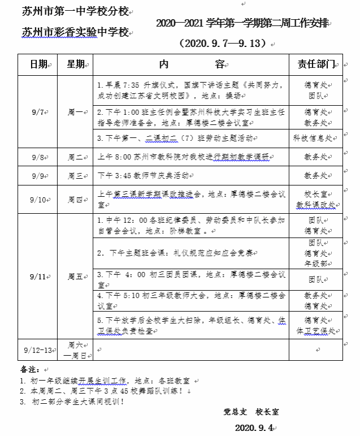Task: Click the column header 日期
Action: [x=39, y=64]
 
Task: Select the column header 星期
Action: [x=76, y=64]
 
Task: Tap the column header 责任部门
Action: [x=316, y=64]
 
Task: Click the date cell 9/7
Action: [x=38, y=112]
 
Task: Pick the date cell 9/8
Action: [x=38, y=157]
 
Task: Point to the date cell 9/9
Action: [x=38, y=176]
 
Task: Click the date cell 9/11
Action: [x=38, y=277]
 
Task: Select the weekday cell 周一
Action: [x=75, y=112]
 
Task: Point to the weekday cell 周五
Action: [x=75, y=277]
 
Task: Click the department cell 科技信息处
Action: [x=315, y=138]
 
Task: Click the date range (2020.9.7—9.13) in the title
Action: [x=225, y=44]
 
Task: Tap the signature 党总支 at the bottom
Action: [x=234, y=412]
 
